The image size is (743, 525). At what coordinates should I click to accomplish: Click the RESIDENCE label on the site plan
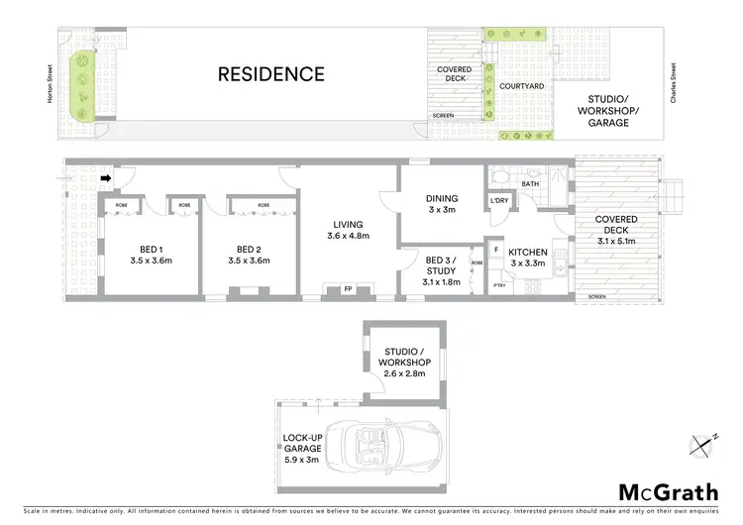tap(270, 73)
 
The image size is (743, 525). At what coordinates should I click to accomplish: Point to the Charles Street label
tap(675, 76)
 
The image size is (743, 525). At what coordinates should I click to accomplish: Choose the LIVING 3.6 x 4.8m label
tap(348, 229)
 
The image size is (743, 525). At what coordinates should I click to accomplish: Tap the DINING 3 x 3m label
tap(442, 203)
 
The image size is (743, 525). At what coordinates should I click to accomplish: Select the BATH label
tap(530, 183)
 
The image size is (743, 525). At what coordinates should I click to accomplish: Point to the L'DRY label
tap(499, 203)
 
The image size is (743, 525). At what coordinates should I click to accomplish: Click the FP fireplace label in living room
tap(348, 289)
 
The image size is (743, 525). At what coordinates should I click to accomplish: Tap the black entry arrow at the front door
tap(107, 178)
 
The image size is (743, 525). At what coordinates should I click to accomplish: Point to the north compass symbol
tap(703, 444)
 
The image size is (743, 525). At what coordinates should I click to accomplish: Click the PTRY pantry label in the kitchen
tap(497, 285)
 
